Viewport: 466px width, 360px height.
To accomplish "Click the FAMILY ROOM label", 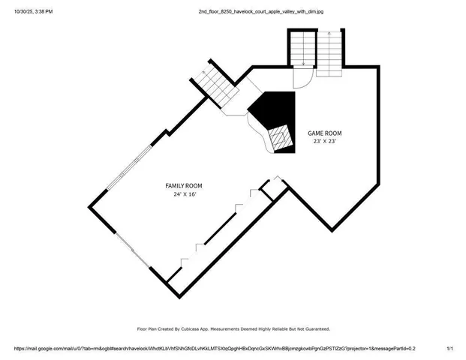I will click(x=184, y=185).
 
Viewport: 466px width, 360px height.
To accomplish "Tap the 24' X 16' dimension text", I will click(x=184, y=194).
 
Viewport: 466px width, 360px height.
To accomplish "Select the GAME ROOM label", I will click(x=326, y=132).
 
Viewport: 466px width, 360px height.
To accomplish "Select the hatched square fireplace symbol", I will click(x=280, y=137).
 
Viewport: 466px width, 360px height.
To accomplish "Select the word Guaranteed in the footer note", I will click(x=313, y=328).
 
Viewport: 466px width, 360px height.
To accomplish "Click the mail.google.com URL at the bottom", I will click(x=215, y=349).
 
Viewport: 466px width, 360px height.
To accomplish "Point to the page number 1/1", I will click(x=450, y=349).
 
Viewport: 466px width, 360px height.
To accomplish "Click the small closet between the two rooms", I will click(x=275, y=188).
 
